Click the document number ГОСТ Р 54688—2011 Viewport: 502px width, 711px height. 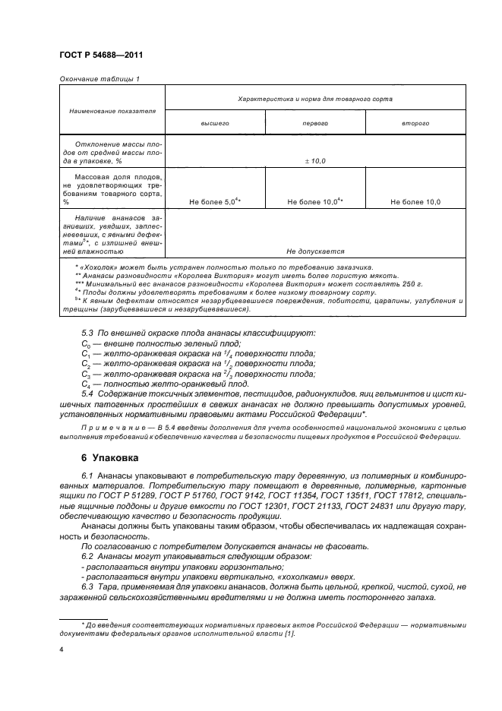click(x=101, y=55)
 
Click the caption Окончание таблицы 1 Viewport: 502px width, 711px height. click(x=99, y=78)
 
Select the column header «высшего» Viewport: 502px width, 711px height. click(x=215, y=122)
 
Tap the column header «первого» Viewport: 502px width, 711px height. click(x=315, y=122)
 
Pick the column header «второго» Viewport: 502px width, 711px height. click(x=415, y=122)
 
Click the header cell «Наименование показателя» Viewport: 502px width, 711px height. click(x=112, y=110)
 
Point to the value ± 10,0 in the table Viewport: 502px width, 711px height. click(x=315, y=162)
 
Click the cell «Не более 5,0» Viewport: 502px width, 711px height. click(x=215, y=201)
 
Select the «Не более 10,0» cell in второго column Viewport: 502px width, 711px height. click(x=415, y=202)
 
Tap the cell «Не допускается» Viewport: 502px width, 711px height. click(x=315, y=251)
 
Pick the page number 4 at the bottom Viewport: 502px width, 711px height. click(x=62, y=650)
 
